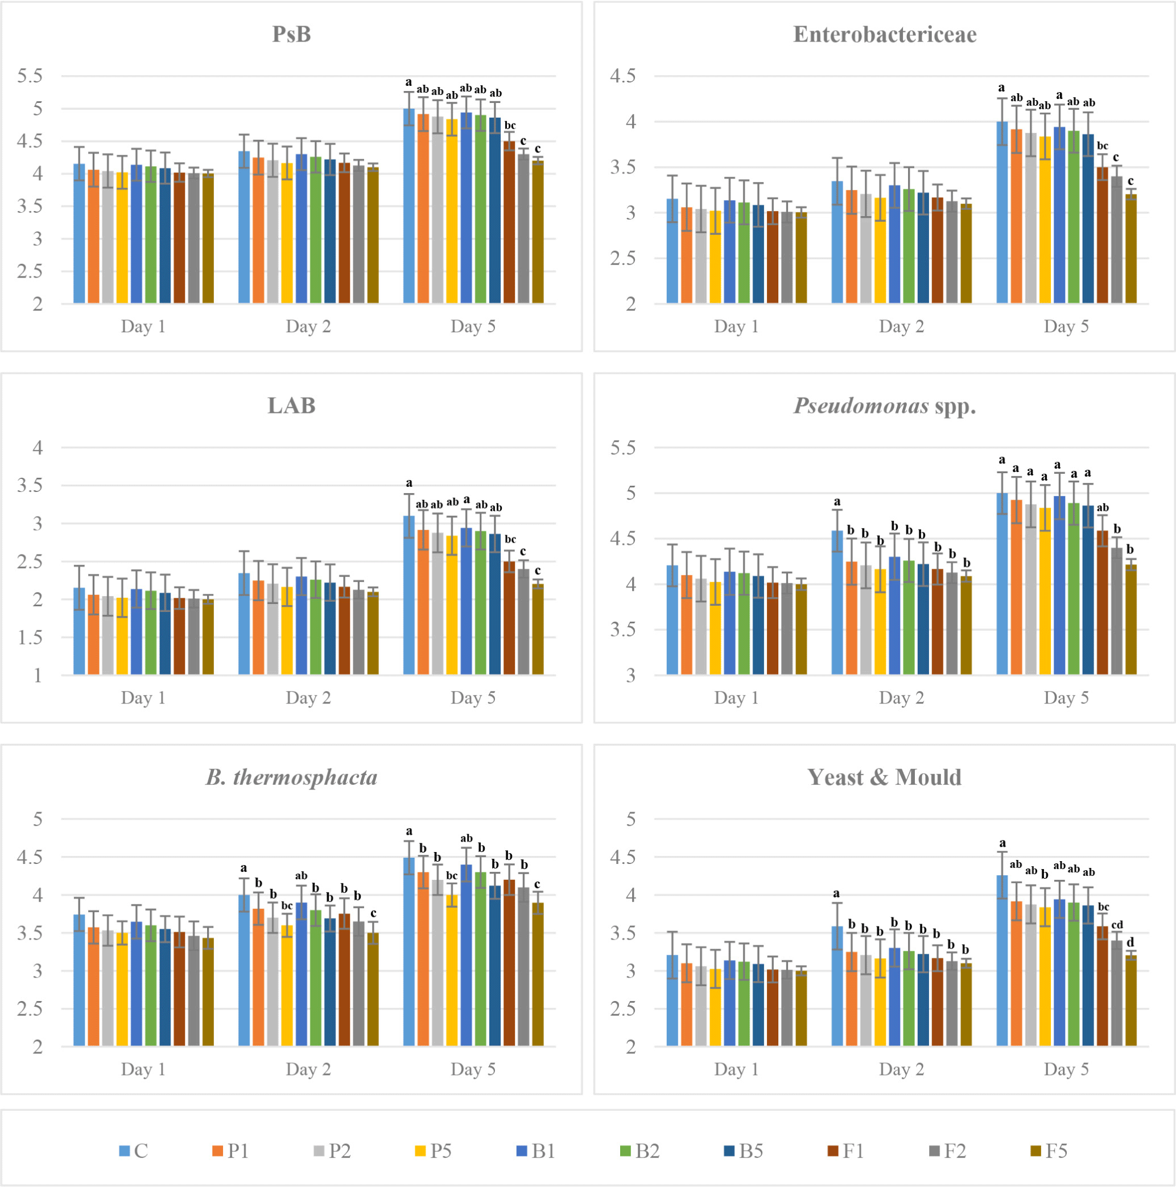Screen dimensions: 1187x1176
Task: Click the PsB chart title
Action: pos(291,34)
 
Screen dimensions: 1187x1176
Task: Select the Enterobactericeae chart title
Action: pos(885,34)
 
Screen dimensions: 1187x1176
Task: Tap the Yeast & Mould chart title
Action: pos(885,777)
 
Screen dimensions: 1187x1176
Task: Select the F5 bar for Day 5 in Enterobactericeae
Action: pos(1130,249)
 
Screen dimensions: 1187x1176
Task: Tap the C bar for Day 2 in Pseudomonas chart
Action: pos(837,603)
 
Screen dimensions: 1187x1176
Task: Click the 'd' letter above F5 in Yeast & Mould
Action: pos(1130,942)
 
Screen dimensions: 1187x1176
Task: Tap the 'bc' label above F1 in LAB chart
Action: pos(510,539)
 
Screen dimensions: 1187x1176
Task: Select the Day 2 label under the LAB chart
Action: pos(308,698)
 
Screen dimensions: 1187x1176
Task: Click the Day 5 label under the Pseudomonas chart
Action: pos(1066,698)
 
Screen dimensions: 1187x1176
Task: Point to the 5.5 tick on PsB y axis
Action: pos(30,76)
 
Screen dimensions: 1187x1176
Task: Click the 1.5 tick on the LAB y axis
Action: pos(30,638)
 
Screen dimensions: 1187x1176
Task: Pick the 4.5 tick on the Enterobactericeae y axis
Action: pos(623,76)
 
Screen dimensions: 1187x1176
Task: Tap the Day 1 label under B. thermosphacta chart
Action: pos(143,1070)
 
